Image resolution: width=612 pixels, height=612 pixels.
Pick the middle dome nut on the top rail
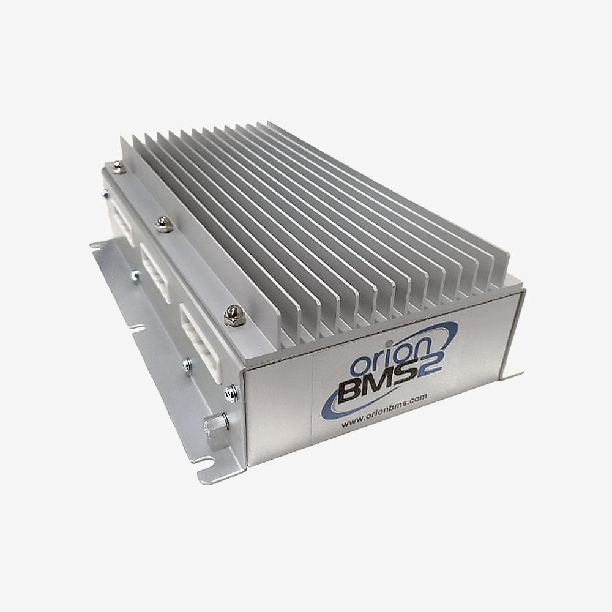[x=163, y=224]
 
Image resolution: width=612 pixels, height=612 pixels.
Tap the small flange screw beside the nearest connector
[x=187, y=365]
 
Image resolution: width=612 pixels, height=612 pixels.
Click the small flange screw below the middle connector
[x=135, y=275]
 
